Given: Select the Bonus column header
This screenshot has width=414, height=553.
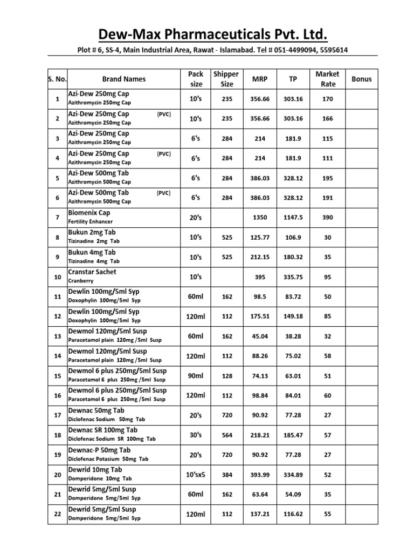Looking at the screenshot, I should pos(361,79).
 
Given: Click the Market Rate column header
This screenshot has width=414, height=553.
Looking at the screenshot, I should pos(327,79).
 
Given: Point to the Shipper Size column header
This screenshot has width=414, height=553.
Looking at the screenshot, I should pos(226,79).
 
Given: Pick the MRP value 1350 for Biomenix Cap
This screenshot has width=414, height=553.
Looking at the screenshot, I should pos(259,218).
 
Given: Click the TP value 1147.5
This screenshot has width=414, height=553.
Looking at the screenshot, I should pos(293,218).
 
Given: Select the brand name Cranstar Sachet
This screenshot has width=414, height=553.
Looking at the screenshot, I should pos(92,272).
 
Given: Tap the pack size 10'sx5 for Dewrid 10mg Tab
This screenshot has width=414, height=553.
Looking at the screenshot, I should pos(196,475).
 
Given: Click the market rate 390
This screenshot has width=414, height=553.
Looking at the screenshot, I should pos(327,218).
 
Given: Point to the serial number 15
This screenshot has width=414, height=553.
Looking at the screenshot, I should pos(57,376).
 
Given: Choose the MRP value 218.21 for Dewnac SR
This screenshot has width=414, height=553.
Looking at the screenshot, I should pos(259,435).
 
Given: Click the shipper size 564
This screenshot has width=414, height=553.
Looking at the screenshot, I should pos(226,435).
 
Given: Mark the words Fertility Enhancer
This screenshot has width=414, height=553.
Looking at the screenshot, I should pos(90,222).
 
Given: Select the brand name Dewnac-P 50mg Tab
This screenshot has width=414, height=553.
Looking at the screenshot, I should pos(99,450).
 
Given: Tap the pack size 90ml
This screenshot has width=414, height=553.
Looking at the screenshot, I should pos(196,376).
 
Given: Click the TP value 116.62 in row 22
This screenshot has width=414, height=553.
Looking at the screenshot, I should pos(293,515).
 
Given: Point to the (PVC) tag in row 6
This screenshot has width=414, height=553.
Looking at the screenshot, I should pos(164,193).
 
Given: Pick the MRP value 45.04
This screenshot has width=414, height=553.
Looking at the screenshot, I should pos(259,336).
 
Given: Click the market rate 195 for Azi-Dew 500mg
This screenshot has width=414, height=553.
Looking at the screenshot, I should pos(327,178).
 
